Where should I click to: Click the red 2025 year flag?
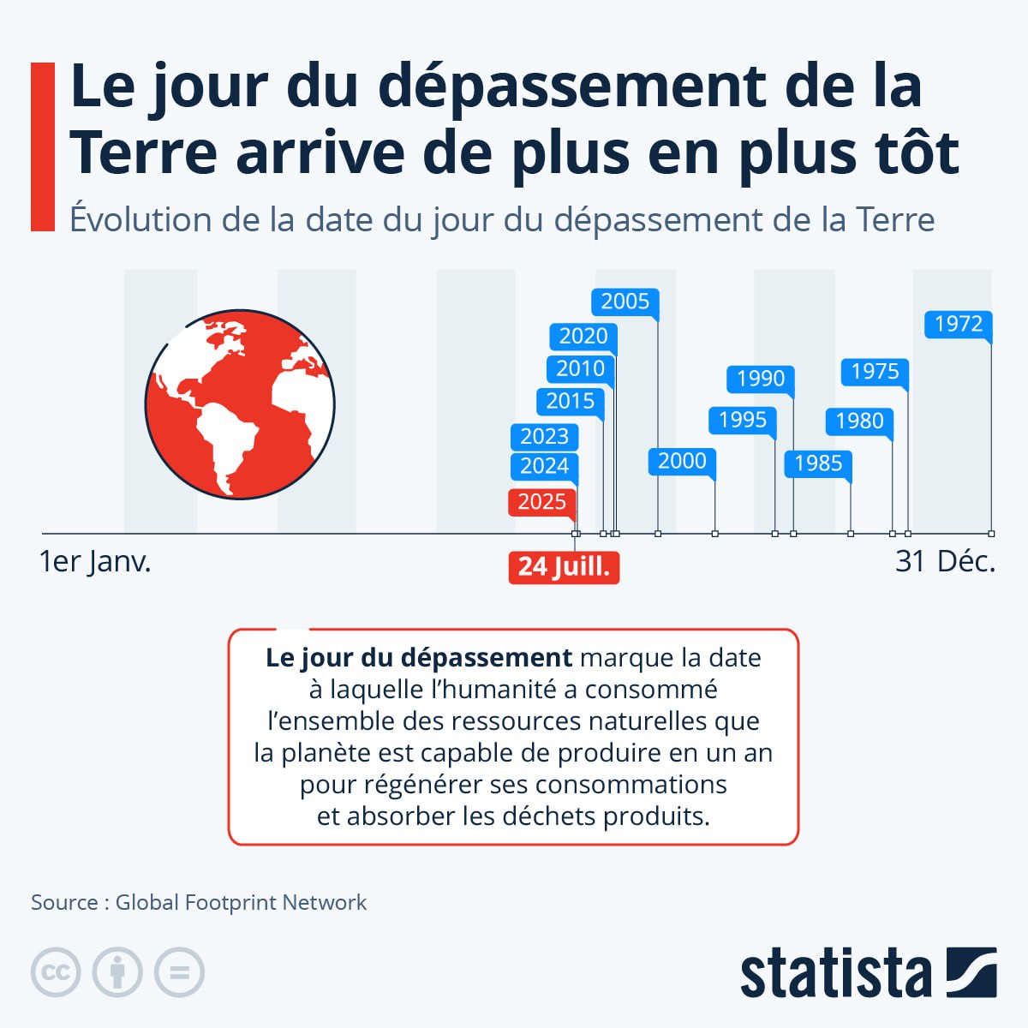541,501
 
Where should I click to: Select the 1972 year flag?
958,324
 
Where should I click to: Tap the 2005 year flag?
625,302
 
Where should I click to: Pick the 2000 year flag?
682,461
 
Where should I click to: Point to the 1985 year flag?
818,463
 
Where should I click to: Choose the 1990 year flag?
760,379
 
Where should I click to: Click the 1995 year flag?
742,420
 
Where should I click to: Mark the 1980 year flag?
859,421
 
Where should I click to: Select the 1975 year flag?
875,372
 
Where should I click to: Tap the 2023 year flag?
544,437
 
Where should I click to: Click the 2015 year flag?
570,401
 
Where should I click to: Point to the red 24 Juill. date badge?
564,567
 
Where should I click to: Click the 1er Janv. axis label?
95,562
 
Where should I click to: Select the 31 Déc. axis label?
945,562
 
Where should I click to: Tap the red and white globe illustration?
240,405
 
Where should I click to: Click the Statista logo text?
835,973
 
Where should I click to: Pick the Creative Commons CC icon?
56,973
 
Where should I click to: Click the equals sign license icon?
179,973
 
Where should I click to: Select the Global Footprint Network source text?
241,902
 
